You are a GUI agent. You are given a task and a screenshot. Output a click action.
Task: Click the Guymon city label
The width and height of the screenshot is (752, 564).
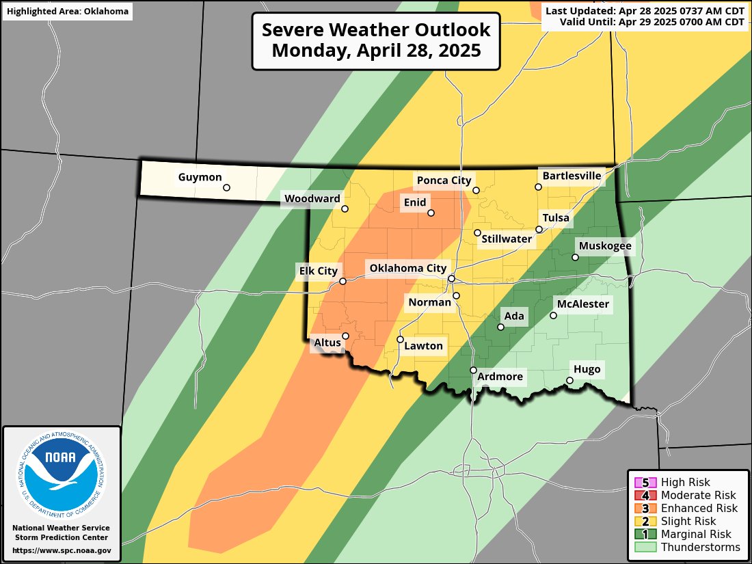pos(200,178)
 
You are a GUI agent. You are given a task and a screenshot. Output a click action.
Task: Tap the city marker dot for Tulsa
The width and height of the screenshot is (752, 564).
pos(539,230)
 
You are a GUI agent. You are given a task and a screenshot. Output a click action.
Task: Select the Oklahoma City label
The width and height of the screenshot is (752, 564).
pos(408,269)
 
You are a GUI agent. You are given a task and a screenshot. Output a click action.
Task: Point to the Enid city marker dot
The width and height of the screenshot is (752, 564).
pos(431,213)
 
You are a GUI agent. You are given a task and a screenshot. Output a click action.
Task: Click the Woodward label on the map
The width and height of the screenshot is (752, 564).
pos(312,199)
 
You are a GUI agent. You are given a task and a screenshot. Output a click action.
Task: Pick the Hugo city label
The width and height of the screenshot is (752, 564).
pos(587,370)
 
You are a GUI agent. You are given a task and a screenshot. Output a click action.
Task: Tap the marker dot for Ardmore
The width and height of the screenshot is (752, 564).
pos(473,370)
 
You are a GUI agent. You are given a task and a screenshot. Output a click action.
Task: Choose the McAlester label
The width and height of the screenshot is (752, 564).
pos(582,304)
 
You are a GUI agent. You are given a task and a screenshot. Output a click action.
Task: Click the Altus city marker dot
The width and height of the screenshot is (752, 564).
pos(346,336)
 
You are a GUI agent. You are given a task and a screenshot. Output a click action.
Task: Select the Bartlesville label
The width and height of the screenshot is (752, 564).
pos(572,176)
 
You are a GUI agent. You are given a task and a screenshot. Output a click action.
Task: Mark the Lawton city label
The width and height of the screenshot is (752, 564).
pos(424,346)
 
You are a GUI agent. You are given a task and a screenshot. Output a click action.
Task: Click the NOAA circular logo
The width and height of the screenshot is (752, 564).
pos(62,472)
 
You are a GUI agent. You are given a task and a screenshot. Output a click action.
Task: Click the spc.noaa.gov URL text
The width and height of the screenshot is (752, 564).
pos(62,550)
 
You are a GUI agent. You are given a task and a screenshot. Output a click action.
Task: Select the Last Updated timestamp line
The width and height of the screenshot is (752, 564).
pos(645,11)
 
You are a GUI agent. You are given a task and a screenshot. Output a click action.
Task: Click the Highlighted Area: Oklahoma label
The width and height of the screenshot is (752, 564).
pos(68,11)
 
